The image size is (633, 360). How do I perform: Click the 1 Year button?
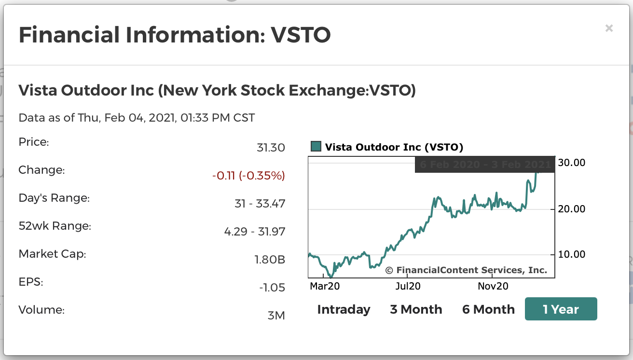[561, 309]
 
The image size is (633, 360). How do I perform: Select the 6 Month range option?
[488, 309]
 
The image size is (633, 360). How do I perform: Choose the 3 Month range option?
[416, 309]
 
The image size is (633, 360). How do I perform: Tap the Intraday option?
[344, 309]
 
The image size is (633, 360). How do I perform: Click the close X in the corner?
[609, 28]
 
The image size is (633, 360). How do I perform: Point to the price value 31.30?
[271, 148]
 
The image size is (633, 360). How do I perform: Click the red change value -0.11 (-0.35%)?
[248, 176]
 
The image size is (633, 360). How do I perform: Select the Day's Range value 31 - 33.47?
[260, 204]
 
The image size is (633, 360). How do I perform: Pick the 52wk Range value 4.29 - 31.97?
[255, 232]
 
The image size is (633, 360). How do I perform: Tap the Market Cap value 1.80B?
[270, 260]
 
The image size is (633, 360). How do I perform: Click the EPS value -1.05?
[272, 288]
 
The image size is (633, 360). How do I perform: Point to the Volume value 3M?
[276, 316]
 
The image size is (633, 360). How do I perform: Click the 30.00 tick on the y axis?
[572, 163]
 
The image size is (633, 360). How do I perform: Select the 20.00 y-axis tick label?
[572, 209]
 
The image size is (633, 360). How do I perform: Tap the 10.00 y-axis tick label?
[572, 254]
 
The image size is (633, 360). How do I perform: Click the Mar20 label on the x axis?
[325, 286]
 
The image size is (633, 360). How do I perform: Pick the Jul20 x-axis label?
[408, 286]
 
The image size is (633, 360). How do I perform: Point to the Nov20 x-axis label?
[493, 286]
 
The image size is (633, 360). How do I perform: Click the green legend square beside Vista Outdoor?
[316, 147]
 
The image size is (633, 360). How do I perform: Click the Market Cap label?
[52, 254]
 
